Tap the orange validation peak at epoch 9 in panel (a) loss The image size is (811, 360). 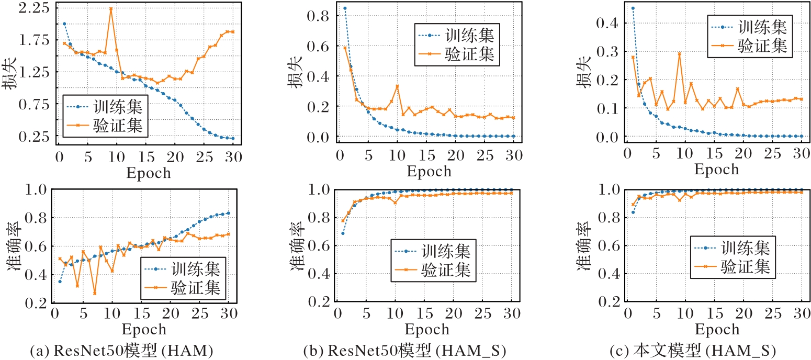(x=110, y=9)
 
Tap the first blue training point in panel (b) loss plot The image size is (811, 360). (x=344, y=8)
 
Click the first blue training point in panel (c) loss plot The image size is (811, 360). (x=633, y=8)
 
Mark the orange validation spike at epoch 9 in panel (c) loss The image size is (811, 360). (x=679, y=53)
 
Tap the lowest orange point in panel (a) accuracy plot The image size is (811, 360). (x=95, y=293)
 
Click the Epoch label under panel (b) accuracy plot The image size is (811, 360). (x=427, y=330)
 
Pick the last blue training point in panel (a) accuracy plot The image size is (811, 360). (x=228, y=213)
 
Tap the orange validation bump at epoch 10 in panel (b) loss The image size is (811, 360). (x=397, y=86)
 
